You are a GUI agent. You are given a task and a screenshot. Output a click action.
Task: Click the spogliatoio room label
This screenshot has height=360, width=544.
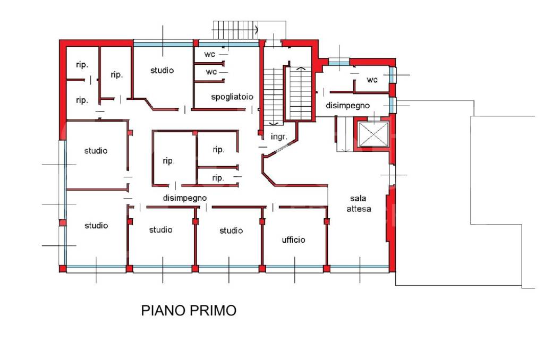tap(232, 97)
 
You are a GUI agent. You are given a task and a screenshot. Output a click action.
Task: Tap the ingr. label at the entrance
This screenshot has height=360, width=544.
tap(279, 136)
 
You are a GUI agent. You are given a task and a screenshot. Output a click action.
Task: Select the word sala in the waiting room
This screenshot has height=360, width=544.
tap(358, 199)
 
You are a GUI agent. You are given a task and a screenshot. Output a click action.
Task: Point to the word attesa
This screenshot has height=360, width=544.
tap(359, 209)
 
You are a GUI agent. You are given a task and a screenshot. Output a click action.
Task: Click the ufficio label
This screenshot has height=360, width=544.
tap(293, 239)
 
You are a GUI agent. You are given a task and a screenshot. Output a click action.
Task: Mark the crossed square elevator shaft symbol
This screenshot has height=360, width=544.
tap(373, 134)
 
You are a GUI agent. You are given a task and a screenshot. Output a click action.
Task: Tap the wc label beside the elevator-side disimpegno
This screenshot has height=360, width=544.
tap(372, 80)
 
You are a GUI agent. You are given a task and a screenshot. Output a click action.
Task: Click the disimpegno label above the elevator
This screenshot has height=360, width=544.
tap(347, 106)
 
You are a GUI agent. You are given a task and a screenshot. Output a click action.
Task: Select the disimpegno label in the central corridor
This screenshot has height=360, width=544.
tap(185, 198)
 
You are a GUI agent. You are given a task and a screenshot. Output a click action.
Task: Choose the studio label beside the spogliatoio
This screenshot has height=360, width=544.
tap(162, 71)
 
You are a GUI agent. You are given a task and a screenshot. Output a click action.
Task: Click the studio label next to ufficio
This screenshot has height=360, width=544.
tap(231, 230)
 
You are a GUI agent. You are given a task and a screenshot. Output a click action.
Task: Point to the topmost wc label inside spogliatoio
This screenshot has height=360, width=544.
tap(209, 55)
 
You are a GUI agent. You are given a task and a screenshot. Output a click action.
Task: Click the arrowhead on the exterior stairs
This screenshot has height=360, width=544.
tap(257, 30)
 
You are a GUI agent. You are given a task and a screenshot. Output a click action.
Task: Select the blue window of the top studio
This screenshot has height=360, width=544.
tap(163, 44)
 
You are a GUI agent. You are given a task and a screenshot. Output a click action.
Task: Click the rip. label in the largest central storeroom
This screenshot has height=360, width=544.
tap(168, 161)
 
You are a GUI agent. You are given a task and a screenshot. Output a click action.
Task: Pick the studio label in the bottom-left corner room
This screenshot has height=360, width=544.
tap(96, 226)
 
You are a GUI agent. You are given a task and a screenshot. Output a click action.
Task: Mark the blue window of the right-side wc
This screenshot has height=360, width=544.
tap(393, 74)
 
